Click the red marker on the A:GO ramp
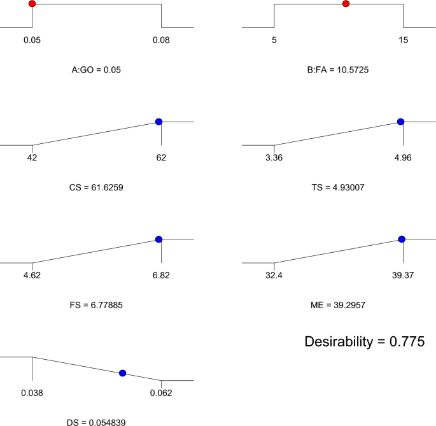[32, 4]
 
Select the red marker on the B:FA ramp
[346, 4]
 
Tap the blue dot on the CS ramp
[158, 122]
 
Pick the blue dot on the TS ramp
[400, 122]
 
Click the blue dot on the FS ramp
[158, 239]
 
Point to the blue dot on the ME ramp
[402, 239]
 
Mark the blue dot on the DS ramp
[123, 373]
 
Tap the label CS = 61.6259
[96, 188]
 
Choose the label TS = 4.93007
[338, 188]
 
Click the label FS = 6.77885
[96, 305]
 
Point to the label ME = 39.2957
[338, 305]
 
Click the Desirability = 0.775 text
[365, 342]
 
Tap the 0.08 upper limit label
[161, 40]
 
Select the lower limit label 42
[32, 158]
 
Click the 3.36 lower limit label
[274, 158]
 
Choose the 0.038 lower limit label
[32, 393]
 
